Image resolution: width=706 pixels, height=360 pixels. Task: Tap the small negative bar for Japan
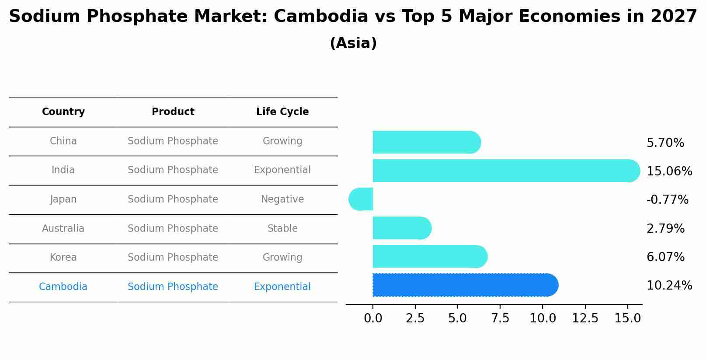pyautogui.click(x=361, y=199)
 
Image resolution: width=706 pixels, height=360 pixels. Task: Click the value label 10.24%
pyautogui.click(x=669, y=286)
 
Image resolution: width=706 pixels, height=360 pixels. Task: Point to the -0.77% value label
pyautogui.click(x=667, y=200)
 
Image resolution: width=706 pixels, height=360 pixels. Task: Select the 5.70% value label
pyautogui.click(x=665, y=143)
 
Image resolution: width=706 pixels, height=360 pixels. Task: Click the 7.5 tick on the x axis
pyautogui.click(x=500, y=318)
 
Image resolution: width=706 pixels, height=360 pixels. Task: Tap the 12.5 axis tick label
pyautogui.click(x=585, y=318)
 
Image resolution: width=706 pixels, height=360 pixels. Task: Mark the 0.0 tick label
pyautogui.click(x=373, y=318)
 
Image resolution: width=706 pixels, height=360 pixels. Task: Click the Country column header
pyautogui.click(x=63, y=112)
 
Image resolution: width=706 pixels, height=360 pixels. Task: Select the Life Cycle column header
pyautogui.click(x=282, y=112)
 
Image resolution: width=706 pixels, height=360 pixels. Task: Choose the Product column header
pyautogui.click(x=173, y=112)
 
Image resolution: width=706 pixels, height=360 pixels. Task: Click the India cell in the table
pyautogui.click(x=63, y=170)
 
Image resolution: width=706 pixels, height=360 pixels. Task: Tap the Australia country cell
pyautogui.click(x=63, y=229)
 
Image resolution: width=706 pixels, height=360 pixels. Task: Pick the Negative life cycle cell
pyautogui.click(x=282, y=199)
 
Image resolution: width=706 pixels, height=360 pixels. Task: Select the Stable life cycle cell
pyautogui.click(x=282, y=229)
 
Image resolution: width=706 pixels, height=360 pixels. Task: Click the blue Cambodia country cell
pyautogui.click(x=63, y=287)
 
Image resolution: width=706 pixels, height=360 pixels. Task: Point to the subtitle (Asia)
pyautogui.click(x=353, y=43)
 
